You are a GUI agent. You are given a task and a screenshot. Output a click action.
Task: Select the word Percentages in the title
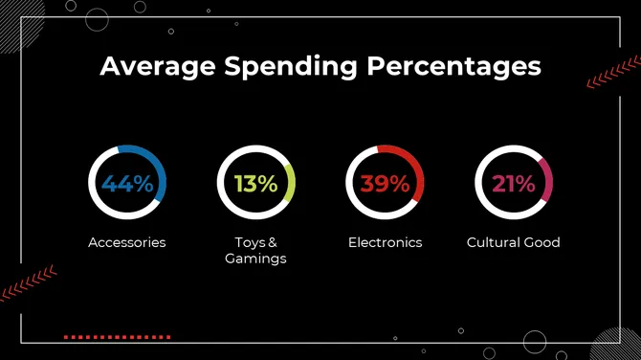pyautogui.click(x=450, y=66)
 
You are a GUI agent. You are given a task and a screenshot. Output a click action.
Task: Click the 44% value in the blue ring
pyautogui.click(x=127, y=184)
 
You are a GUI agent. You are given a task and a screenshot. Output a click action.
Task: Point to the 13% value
pyautogui.click(x=255, y=184)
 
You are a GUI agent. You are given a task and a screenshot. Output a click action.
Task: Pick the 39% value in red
pyautogui.click(x=385, y=184)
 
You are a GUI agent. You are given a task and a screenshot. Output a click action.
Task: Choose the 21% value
pyautogui.click(x=513, y=184)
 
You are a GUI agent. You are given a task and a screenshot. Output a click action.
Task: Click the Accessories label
pyautogui.click(x=127, y=242)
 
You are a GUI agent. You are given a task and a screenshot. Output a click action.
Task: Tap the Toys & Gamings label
pyautogui.click(x=255, y=250)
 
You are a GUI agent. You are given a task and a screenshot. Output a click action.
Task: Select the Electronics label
pyautogui.click(x=385, y=242)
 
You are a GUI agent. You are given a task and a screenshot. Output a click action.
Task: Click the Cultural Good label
pyautogui.click(x=513, y=242)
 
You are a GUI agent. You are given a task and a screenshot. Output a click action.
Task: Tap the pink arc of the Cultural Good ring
pyautogui.click(x=546, y=179)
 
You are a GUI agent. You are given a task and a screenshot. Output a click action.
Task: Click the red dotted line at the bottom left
pyautogui.click(x=117, y=337)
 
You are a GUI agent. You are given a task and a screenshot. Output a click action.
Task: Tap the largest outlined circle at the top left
pyautogui.click(x=97, y=19)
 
